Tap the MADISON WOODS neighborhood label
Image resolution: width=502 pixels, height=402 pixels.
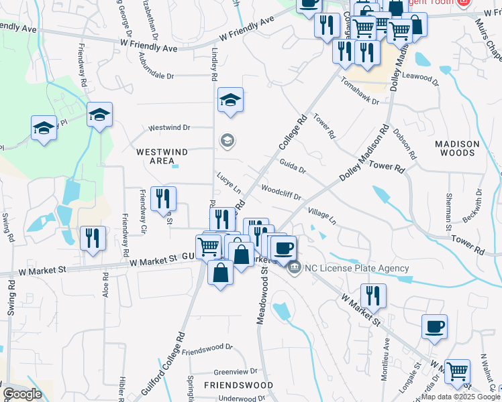457,148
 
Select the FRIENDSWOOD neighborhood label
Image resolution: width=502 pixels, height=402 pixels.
238,385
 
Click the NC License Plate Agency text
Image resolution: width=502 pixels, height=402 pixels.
356,269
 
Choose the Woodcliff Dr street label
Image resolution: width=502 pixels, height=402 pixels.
281,192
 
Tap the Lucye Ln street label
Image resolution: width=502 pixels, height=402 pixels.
228,178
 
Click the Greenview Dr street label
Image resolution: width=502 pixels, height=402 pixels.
236,371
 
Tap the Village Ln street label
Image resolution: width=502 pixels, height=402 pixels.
322,216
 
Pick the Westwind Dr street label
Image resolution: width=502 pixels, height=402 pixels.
169,127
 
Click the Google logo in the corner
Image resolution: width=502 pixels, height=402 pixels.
22,394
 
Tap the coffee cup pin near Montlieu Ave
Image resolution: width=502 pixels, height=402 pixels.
434,327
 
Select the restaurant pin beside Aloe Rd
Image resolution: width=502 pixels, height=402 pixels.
92,238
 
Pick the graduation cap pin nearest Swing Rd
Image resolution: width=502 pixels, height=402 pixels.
44,127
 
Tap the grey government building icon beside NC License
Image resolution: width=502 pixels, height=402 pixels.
294,269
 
